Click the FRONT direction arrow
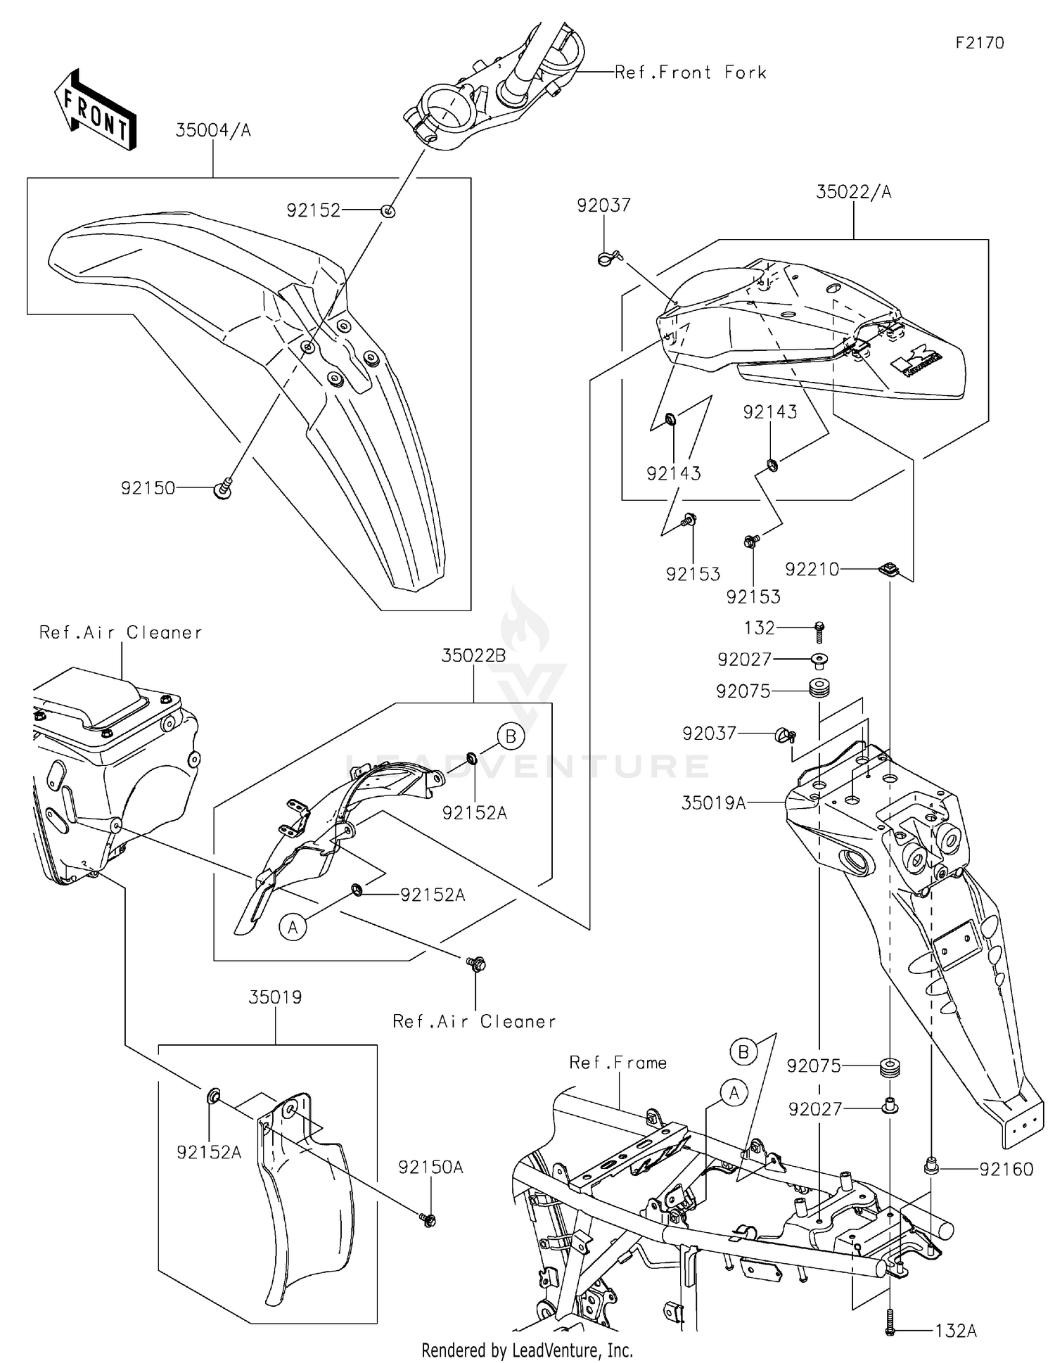point(95,110)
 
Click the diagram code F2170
point(980,43)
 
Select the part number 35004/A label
point(213,130)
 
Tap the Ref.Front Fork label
point(690,72)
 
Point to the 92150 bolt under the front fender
point(223,487)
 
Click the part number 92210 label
point(812,569)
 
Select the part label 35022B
point(473,655)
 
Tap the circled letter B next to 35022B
point(511,736)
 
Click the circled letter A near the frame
point(734,1093)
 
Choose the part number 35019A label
point(713,802)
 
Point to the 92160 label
point(1006,1169)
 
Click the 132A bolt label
point(956,1331)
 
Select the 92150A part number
point(430,1167)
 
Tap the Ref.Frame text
point(618,1062)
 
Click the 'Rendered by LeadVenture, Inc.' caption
point(527,1350)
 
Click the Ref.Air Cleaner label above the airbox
point(120,633)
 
